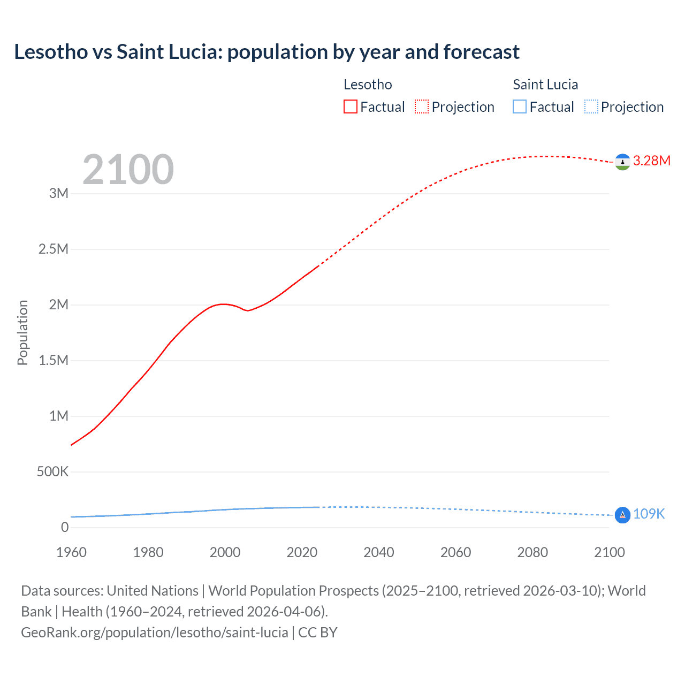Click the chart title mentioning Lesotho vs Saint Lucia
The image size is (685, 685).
pos(267,52)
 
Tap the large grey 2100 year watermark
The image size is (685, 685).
pos(128,170)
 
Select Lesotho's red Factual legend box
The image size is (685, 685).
pos(351,107)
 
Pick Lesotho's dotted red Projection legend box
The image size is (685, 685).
pos(422,107)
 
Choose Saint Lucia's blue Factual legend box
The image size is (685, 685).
pos(520,107)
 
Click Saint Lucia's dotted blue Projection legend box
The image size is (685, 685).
pos(591,107)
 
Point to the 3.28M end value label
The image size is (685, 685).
pos(651,161)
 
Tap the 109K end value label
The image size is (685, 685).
pos(649,514)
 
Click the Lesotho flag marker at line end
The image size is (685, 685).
pos(622,162)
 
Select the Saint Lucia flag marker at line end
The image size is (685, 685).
pos(622,515)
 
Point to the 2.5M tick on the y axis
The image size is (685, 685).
pos(54,249)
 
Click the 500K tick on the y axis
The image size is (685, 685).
pos(52,471)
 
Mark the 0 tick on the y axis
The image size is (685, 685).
pos(65,527)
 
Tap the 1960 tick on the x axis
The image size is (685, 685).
pos(71,552)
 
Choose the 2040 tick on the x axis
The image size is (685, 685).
pos(379,552)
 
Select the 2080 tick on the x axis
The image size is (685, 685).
pos(532,552)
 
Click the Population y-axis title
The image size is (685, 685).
pos(22,332)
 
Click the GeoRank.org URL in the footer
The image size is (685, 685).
pos(154,632)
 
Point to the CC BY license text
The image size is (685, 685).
pos(318,632)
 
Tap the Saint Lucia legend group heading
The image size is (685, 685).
pos(545,85)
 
